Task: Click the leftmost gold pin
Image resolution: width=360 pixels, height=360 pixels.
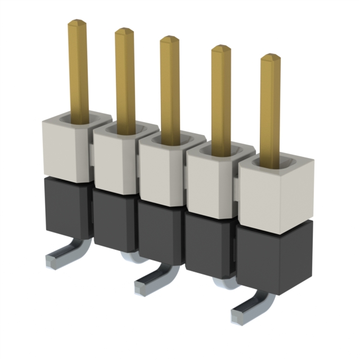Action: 79,70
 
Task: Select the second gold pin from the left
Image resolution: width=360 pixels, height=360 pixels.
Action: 125,79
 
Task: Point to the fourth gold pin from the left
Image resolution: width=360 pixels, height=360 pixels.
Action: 221,98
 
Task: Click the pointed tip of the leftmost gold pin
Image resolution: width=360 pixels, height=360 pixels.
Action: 77,23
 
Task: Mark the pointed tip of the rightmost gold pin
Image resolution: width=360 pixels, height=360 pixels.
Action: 271,57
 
